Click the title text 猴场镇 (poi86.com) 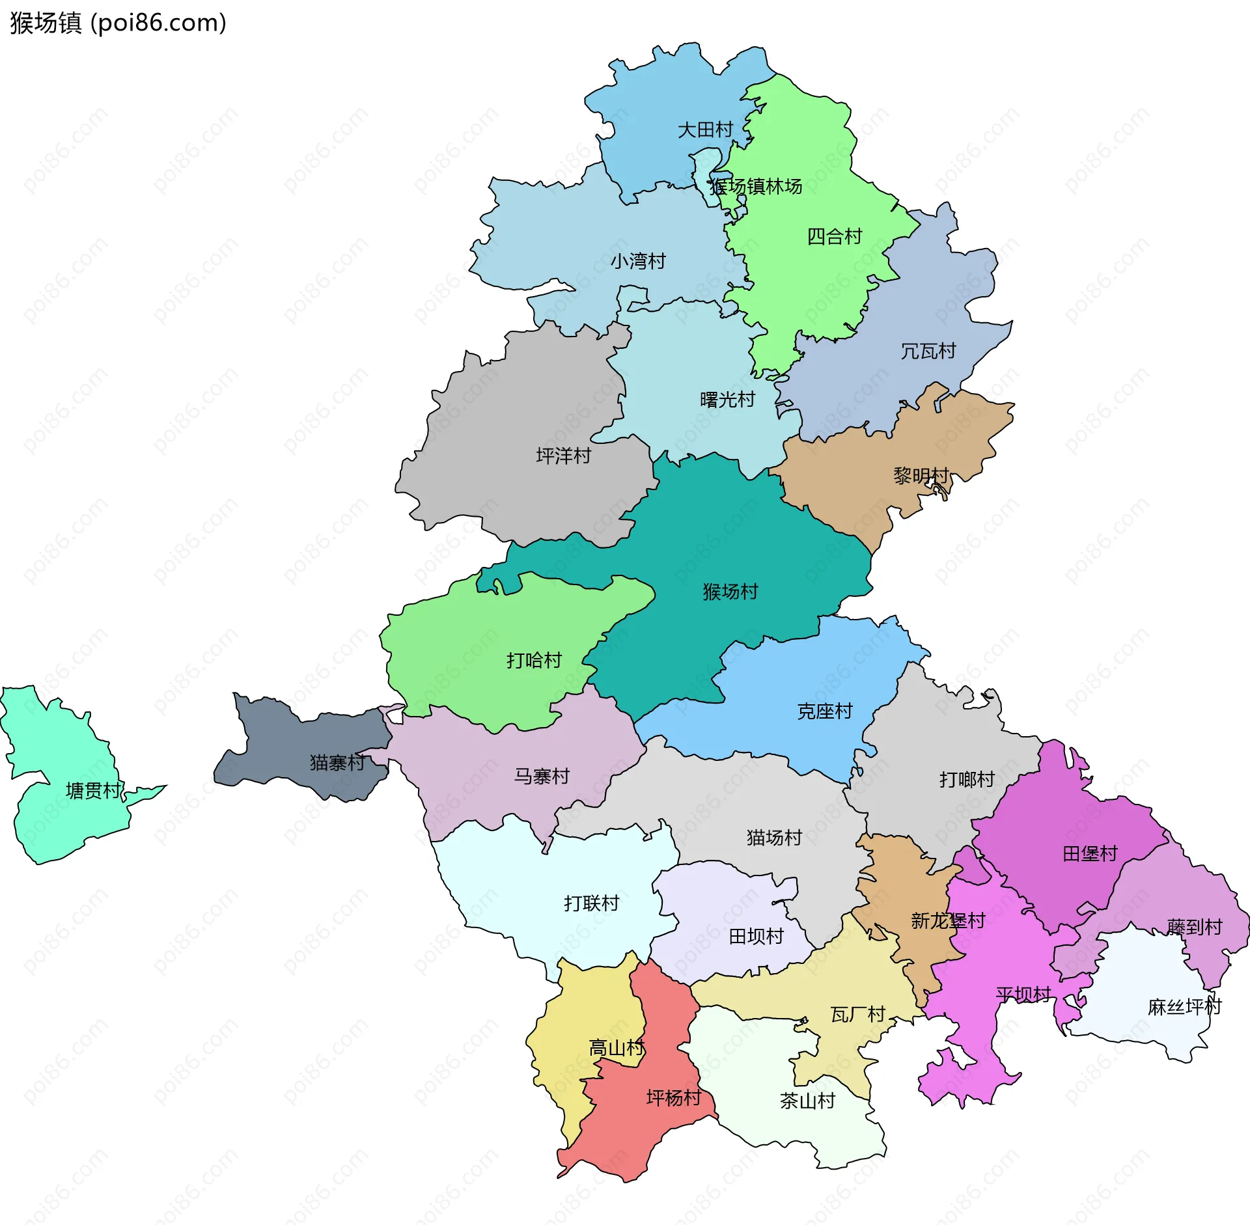pyautogui.click(x=118, y=23)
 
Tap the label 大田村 pyautogui.click(x=705, y=130)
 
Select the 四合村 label pyautogui.click(x=834, y=236)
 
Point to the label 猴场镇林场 pyautogui.click(x=755, y=187)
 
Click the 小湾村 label pyautogui.click(x=638, y=262)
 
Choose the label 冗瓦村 pyautogui.click(x=928, y=351)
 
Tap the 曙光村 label pyautogui.click(x=727, y=400)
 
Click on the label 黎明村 pyautogui.click(x=921, y=476)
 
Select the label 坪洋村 pyautogui.click(x=563, y=456)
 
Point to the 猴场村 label pyautogui.click(x=730, y=592)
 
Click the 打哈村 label pyautogui.click(x=534, y=661)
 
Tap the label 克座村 pyautogui.click(x=824, y=711)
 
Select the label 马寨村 pyautogui.click(x=542, y=777)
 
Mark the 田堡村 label pyautogui.click(x=1090, y=854)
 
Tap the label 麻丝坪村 pyautogui.click(x=1184, y=1008)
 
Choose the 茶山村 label pyautogui.click(x=807, y=1101)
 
